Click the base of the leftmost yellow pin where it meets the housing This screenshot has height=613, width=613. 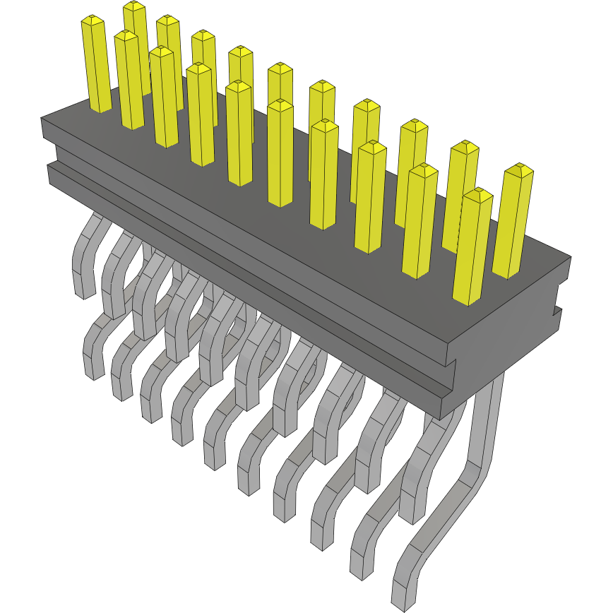click(x=100, y=107)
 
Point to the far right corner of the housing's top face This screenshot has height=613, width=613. click(x=569, y=257)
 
